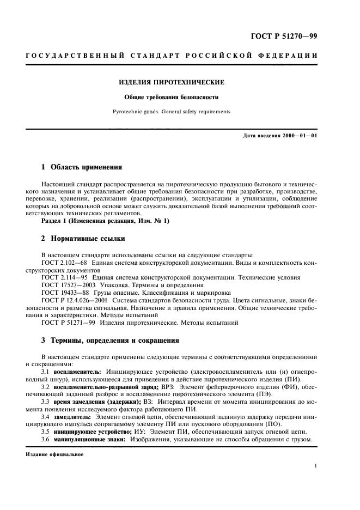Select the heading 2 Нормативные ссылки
tap(83, 238)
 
